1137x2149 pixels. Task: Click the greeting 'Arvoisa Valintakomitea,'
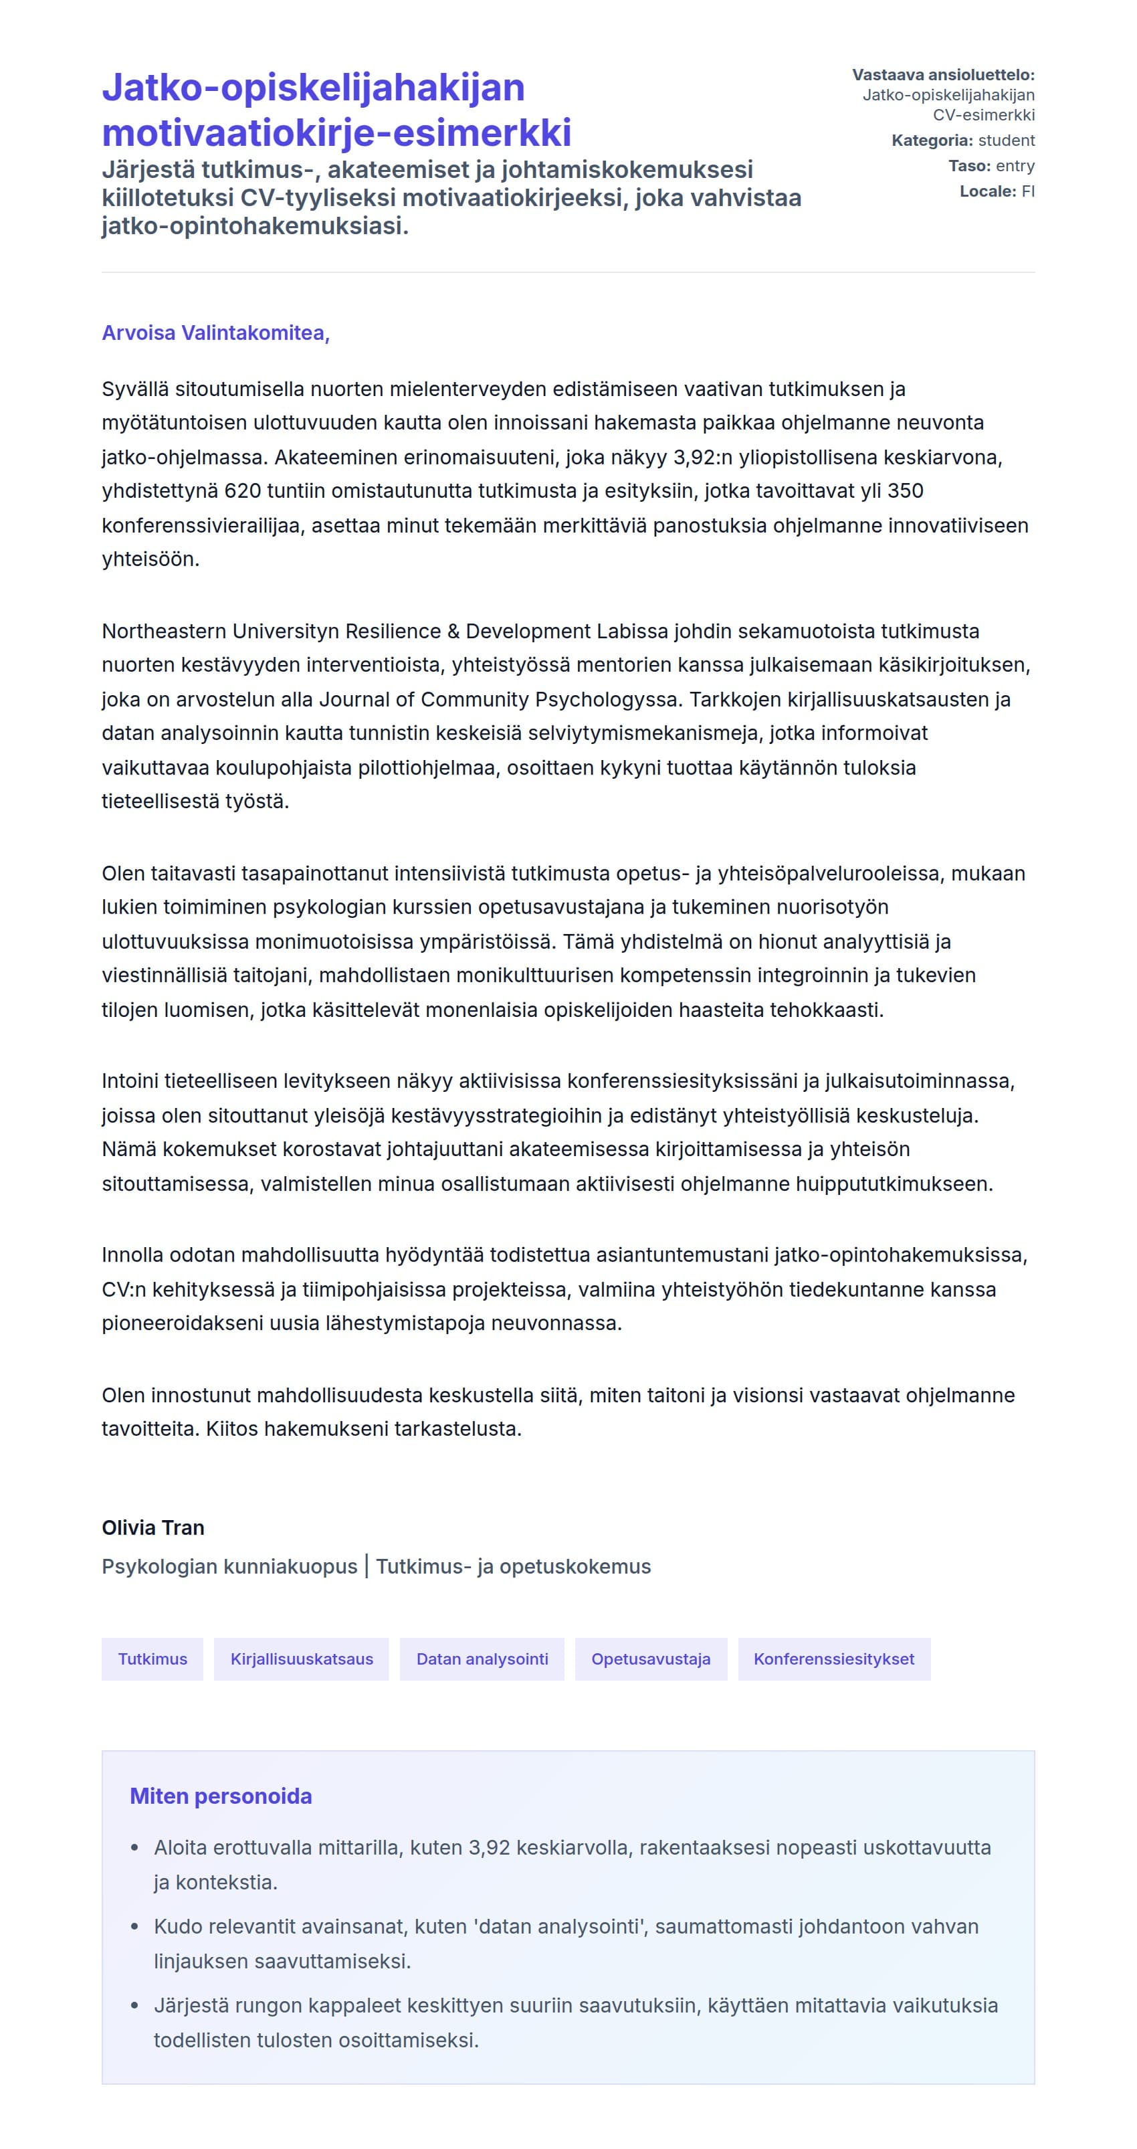click(x=215, y=333)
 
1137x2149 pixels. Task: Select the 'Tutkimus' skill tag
click(x=152, y=1659)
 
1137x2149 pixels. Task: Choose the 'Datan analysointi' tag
click(x=482, y=1659)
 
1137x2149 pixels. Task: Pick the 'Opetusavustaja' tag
click(x=651, y=1659)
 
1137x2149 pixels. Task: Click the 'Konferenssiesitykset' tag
click(x=833, y=1659)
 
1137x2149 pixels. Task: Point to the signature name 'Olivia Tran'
click(x=152, y=1527)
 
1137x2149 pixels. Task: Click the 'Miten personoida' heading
click(x=220, y=1796)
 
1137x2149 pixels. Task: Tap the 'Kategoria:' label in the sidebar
click(x=932, y=140)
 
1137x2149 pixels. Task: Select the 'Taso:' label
click(x=969, y=166)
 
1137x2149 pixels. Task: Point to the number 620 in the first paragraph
click(x=243, y=490)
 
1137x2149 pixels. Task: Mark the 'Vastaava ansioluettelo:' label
click(x=942, y=75)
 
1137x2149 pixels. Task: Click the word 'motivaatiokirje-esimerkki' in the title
click(x=336, y=132)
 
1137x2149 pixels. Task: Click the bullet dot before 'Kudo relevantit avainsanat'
click(x=135, y=1927)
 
